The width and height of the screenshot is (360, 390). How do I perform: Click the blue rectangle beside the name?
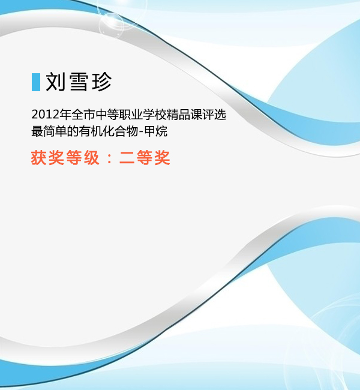(x=36, y=82)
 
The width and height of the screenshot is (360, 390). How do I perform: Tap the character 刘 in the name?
(x=55, y=82)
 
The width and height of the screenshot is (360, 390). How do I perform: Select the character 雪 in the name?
(x=79, y=82)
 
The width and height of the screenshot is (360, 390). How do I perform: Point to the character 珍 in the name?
(x=102, y=82)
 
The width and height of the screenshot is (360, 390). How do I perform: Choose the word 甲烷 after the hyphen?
(x=156, y=131)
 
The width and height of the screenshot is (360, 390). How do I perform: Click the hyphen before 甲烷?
(x=141, y=132)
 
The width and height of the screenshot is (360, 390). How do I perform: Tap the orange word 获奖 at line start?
(x=47, y=158)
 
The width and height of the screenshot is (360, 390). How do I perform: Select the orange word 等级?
(x=83, y=158)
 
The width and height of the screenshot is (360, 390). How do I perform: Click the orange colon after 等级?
(x=109, y=158)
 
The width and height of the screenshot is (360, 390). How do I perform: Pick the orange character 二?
(x=127, y=158)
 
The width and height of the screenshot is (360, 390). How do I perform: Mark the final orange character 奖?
(x=162, y=158)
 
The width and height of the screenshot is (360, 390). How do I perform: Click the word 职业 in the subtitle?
(x=131, y=115)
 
